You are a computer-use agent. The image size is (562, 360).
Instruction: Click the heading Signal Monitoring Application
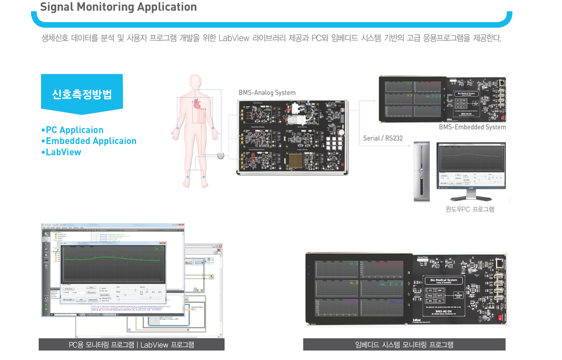(119, 7)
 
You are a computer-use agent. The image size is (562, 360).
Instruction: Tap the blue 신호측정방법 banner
(82, 94)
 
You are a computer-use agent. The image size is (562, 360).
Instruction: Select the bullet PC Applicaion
(72, 130)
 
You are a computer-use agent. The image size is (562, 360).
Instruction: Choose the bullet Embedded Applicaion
(89, 141)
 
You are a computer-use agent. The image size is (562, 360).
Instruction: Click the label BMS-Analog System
(267, 93)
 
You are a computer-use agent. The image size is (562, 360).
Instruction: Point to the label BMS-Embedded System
(472, 127)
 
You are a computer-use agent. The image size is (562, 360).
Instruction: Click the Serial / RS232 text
(383, 138)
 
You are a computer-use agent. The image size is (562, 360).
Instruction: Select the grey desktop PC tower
(422, 172)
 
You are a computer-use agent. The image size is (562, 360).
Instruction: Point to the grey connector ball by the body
(221, 155)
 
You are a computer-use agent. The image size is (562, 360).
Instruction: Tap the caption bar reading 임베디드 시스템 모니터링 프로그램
(404, 345)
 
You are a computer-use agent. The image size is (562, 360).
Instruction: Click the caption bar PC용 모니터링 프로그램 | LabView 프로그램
(132, 345)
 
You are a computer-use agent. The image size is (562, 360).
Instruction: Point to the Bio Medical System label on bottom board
(443, 280)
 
